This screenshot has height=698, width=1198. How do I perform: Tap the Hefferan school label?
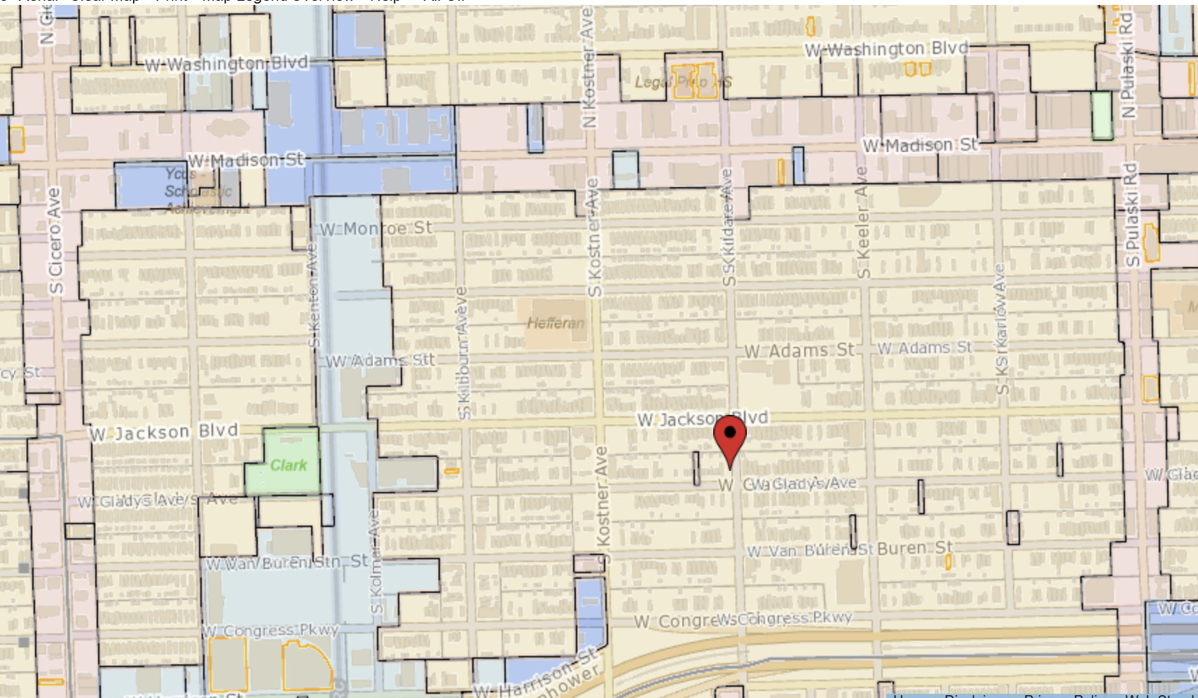point(555,323)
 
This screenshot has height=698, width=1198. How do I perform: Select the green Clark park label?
point(288,465)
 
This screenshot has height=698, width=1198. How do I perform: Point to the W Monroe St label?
point(376,228)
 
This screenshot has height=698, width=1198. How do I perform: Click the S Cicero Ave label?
point(55,240)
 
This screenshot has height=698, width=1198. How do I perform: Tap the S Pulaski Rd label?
point(1131,214)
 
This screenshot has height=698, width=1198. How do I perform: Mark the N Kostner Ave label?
point(588,67)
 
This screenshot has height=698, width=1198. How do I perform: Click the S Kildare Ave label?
point(728,227)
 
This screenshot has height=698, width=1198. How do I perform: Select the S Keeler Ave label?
point(862,222)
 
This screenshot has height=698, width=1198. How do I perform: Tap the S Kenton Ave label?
point(312,295)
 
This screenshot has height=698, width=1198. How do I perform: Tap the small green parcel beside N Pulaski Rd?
point(1101,115)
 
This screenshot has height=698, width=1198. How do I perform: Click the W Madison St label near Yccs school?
point(246,160)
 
